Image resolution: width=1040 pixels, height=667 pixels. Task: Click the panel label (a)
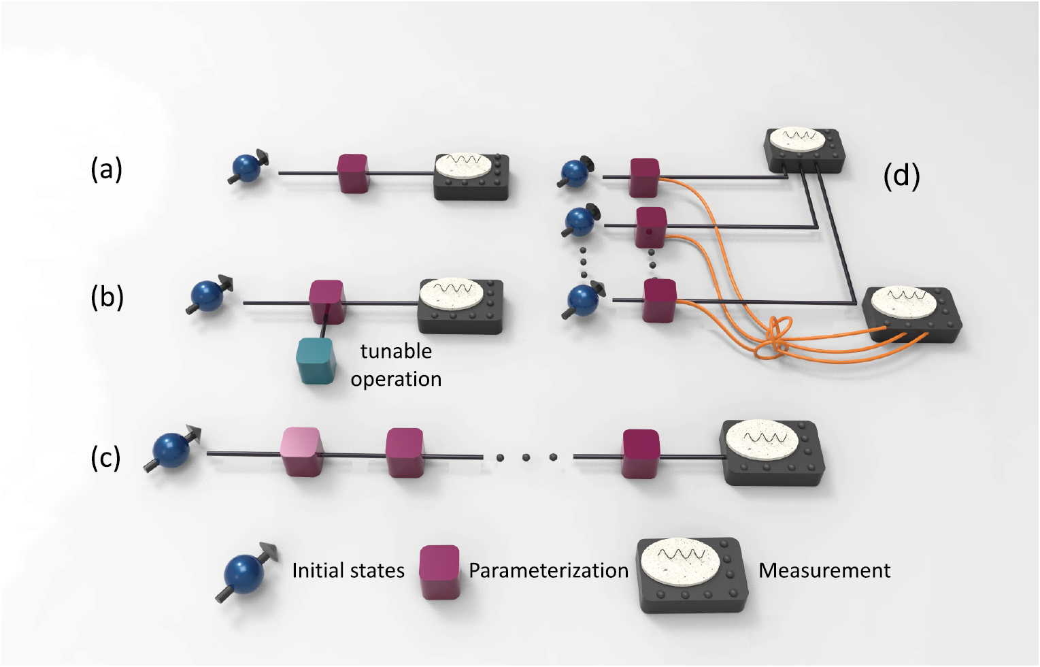tap(107, 169)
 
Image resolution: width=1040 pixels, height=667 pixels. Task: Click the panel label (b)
tap(107, 297)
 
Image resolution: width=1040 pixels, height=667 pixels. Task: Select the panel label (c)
tap(106, 457)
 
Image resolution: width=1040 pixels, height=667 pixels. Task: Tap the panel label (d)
tap(901, 176)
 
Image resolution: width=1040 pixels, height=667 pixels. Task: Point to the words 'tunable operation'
tap(396, 365)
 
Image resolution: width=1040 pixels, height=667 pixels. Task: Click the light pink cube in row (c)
tap(301, 451)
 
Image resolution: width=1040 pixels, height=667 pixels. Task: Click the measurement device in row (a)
tap(471, 176)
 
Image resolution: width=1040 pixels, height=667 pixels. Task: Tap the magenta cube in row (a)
tap(353, 173)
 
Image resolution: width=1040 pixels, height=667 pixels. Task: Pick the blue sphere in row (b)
tap(207, 296)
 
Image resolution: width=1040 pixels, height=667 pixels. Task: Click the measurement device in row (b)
tap(460, 306)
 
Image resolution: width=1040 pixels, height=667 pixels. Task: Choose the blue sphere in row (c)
tap(171, 450)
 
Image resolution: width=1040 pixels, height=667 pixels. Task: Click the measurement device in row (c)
tap(772, 452)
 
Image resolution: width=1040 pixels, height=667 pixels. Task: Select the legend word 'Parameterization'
tap(548, 570)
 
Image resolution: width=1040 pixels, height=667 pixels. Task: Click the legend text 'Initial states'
tap(348, 570)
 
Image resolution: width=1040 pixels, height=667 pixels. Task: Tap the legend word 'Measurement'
tap(824, 570)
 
